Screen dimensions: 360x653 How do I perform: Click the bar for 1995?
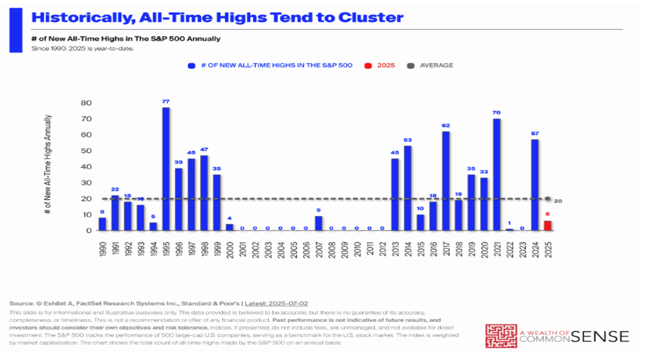(166, 169)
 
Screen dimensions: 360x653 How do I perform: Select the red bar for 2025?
(548, 226)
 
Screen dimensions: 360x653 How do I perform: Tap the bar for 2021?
(497, 174)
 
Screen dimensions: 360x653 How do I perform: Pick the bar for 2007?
(318, 223)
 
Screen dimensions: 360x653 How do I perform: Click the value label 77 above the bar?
(166, 101)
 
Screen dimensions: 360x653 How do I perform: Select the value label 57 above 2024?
(535, 134)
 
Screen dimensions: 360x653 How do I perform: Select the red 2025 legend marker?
(369, 66)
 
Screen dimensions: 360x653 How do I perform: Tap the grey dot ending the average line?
(548, 199)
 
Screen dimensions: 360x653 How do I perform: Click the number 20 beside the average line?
(557, 201)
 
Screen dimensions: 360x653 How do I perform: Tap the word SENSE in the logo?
(600, 336)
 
